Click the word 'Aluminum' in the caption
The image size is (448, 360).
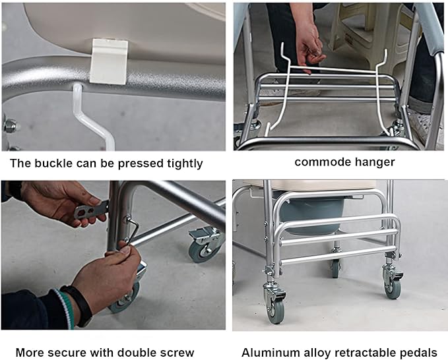click(268, 352)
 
